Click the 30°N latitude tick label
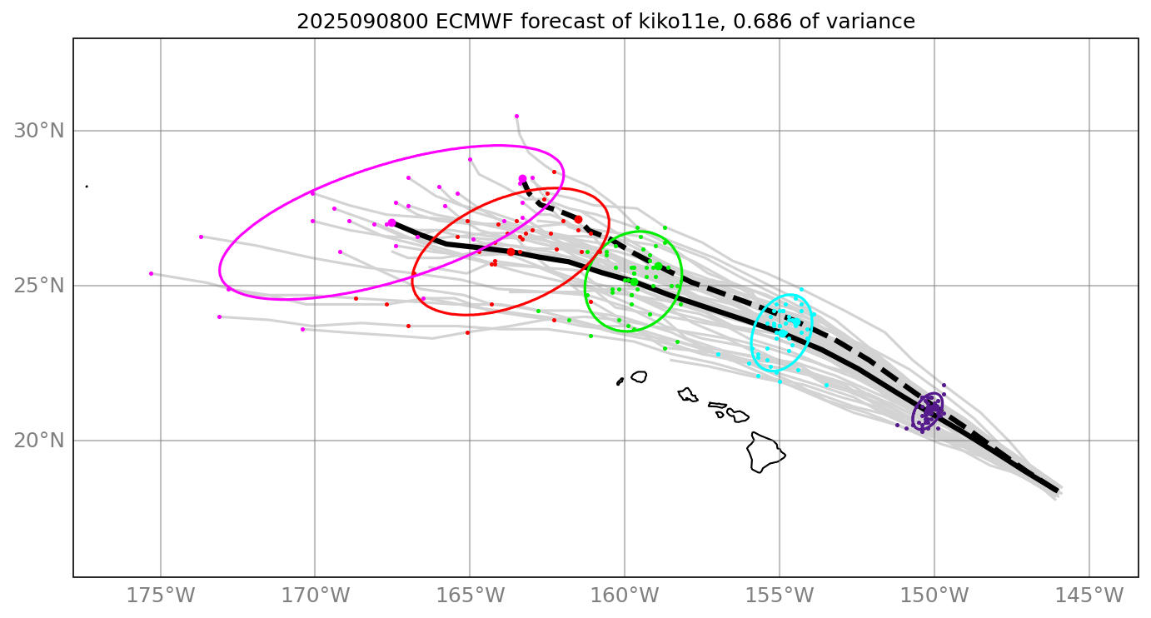pyautogui.click(x=38, y=131)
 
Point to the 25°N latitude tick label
pyautogui.click(x=38, y=286)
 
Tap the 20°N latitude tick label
pyautogui.click(x=38, y=441)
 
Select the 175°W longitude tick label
pyautogui.click(x=161, y=596)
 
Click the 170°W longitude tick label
pyautogui.click(x=316, y=596)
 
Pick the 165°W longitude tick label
pyautogui.click(x=471, y=596)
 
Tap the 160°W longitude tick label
pyautogui.click(x=625, y=596)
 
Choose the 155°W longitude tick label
pyautogui.click(x=780, y=596)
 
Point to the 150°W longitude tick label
pyautogui.click(x=934, y=596)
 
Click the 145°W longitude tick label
pyautogui.click(x=1089, y=596)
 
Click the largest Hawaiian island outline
pyautogui.click(x=765, y=452)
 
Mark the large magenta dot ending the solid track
pyautogui.click(x=391, y=223)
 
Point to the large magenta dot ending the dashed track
pyautogui.click(x=522, y=179)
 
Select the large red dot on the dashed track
pyautogui.click(x=578, y=219)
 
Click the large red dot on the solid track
pyautogui.click(x=511, y=252)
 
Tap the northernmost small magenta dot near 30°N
pyautogui.click(x=516, y=117)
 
